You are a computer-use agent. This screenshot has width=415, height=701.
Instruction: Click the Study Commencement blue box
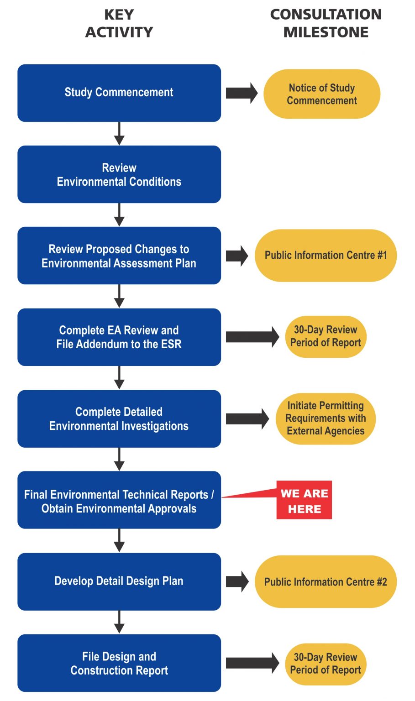pyautogui.click(x=119, y=93)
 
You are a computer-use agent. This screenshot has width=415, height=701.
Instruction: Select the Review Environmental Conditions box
pyautogui.click(x=119, y=174)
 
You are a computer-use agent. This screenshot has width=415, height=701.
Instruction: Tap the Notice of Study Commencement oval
pyautogui.click(x=322, y=94)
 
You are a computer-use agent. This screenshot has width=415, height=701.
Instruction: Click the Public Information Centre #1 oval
pyautogui.click(x=326, y=255)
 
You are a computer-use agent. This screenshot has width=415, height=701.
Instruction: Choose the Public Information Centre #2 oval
pyautogui.click(x=326, y=581)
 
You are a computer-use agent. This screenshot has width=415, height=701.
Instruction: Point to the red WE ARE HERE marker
pyautogui.click(x=304, y=500)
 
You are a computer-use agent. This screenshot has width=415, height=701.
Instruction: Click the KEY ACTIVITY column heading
pyautogui.click(x=119, y=23)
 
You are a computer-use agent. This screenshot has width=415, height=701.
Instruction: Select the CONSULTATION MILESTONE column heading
pyautogui.click(x=326, y=23)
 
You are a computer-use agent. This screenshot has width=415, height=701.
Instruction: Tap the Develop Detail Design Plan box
pyautogui.click(x=119, y=581)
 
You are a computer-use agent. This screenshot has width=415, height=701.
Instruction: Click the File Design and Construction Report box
pyautogui.click(x=119, y=663)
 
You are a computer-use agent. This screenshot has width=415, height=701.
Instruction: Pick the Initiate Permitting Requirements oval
pyautogui.click(x=326, y=419)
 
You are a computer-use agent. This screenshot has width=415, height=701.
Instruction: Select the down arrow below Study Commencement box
pyautogui.click(x=119, y=133)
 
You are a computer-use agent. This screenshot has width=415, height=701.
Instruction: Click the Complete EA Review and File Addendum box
pyautogui.click(x=119, y=337)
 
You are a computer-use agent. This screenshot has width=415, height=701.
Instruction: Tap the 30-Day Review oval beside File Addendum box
pyautogui.click(x=326, y=336)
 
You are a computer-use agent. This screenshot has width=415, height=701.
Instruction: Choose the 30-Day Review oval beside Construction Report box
pyautogui.click(x=326, y=664)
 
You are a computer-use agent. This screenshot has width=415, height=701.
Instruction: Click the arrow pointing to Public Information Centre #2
pyautogui.click(x=237, y=581)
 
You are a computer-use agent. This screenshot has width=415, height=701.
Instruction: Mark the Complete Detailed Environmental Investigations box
pyautogui.click(x=119, y=419)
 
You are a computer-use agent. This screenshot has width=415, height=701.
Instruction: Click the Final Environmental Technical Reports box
pyautogui.click(x=119, y=500)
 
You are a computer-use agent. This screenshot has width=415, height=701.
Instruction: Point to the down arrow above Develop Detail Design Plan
pyautogui.click(x=119, y=541)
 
